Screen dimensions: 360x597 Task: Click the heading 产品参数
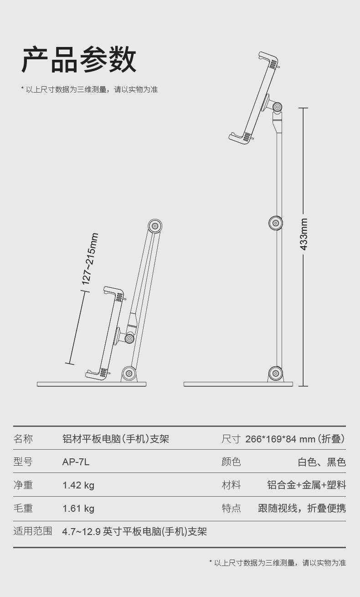(x=79, y=60)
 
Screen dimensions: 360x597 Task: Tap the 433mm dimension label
(x=304, y=234)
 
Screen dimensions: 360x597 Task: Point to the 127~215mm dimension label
(x=90, y=259)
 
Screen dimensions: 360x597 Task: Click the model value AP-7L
(x=76, y=462)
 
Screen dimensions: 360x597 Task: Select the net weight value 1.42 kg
(x=78, y=485)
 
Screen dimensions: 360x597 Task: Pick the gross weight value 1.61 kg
(x=78, y=509)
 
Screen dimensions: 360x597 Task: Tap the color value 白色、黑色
(x=322, y=462)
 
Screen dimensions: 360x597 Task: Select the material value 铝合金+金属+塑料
(x=306, y=485)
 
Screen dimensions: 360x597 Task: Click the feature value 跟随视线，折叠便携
(x=302, y=509)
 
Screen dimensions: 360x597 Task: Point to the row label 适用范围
(x=33, y=531)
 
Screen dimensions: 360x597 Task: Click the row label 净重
(x=23, y=485)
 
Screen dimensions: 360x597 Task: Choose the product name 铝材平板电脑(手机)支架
(x=116, y=439)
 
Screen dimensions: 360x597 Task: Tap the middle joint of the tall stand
(x=275, y=223)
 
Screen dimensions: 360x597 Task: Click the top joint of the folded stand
(x=155, y=225)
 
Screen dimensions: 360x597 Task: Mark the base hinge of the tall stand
(x=275, y=374)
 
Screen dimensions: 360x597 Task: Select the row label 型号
(x=23, y=462)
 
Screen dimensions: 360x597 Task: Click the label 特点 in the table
(x=231, y=509)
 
